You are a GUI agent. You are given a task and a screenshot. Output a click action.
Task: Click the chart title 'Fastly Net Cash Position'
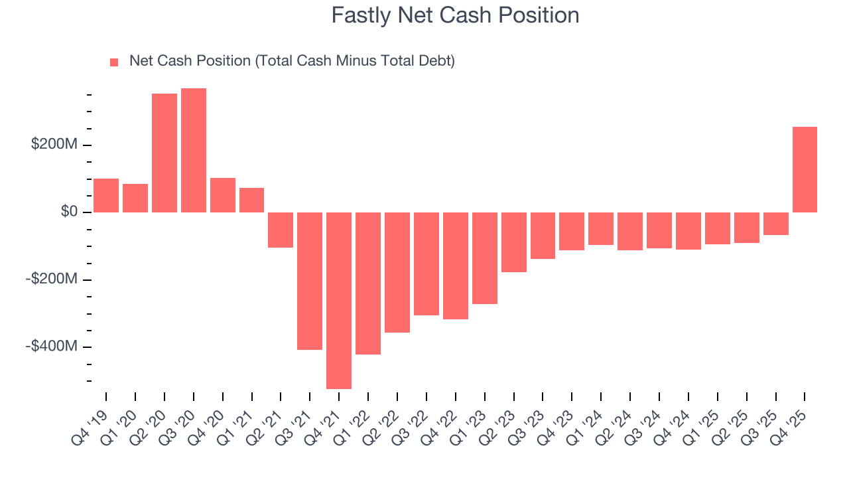(x=455, y=15)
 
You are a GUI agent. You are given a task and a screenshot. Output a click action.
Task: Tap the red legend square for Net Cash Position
(x=114, y=62)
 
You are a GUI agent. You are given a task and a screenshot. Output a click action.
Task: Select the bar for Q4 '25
(x=805, y=169)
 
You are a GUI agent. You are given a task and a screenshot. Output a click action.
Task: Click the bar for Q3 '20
(x=194, y=150)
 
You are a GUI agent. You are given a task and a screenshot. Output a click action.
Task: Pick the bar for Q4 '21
(x=339, y=300)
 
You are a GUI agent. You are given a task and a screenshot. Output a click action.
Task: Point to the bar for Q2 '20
(x=164, y=153)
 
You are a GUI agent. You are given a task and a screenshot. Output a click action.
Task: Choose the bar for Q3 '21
(x=310, y=281)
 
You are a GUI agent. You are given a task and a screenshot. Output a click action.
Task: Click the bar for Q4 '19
(x=106, y=195)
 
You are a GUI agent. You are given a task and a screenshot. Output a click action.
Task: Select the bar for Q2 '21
(x=281, y=230)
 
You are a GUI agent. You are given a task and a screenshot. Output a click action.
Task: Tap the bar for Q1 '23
(x=485, y=258)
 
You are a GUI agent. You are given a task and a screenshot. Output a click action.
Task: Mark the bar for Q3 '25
(x=775, y=224)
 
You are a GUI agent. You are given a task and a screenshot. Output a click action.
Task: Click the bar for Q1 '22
(x=368, y=283)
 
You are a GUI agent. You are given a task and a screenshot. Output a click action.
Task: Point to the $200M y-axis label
(x=54, y=145)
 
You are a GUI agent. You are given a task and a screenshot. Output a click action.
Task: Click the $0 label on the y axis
(x=70, y=212)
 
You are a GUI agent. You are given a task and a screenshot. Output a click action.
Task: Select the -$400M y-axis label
(x=52, y=347)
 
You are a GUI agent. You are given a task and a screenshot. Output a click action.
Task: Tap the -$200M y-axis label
(x=52, y=279)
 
